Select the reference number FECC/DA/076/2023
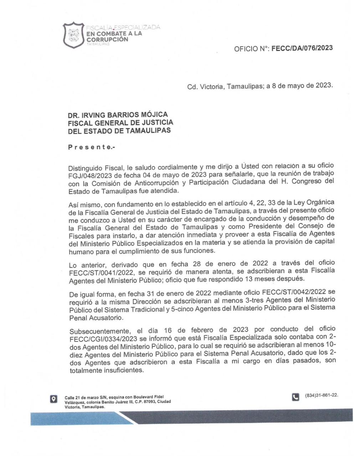click(302, 48)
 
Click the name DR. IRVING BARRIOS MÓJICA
click(118, 115)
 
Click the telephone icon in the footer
click(295, 397)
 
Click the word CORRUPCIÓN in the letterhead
click(107, 39)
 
